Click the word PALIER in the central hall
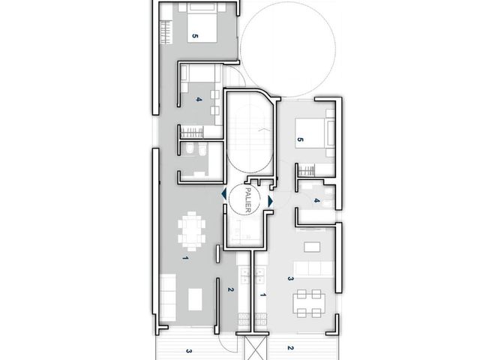click(248, 200)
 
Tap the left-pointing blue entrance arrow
click(224, 194)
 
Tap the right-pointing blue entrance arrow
click(270, 201)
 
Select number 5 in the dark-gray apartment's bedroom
click(195, 36)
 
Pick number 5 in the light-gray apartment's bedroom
click(300, 139)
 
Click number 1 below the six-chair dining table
click(185, 258)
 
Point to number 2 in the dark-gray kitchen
click(230, 289)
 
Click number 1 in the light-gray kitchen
click(262, 295)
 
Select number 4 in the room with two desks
click(199, 99)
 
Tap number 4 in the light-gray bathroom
click(316, 201)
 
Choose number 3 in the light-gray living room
click(291, 279)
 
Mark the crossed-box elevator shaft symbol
click(256, 347)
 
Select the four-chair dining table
click(309, 303)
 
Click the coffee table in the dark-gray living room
click(195, 299)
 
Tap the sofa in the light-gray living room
click(313, 268)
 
